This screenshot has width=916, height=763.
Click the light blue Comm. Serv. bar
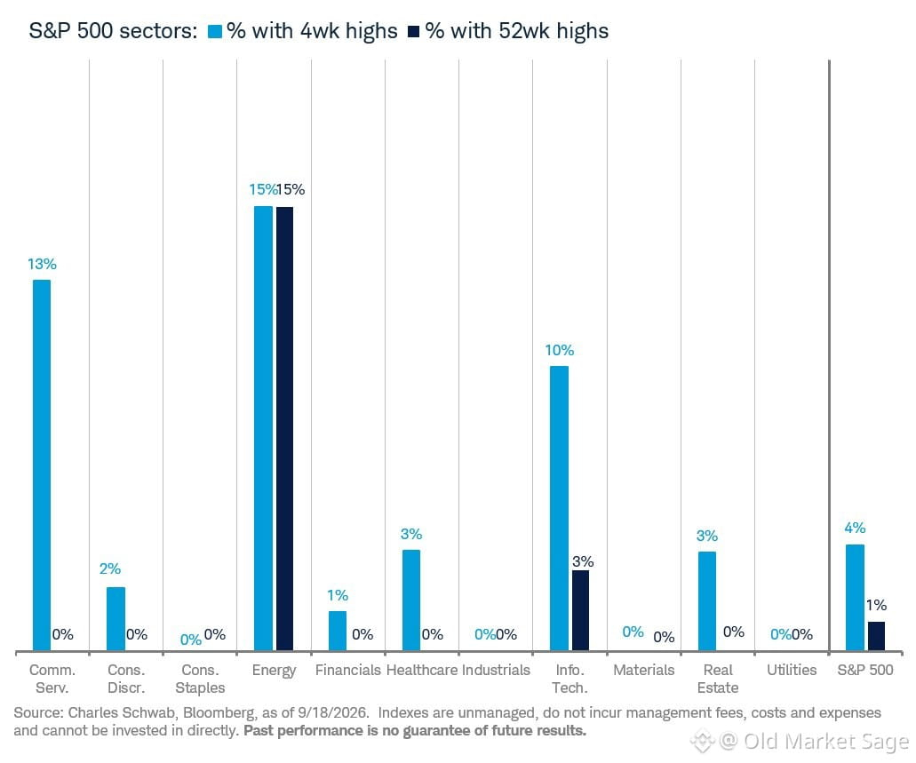coord(42,465)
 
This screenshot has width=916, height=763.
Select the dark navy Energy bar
coord(284,429)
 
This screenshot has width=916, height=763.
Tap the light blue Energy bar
coord(264,428)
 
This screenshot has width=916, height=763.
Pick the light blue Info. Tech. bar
coord(559,508)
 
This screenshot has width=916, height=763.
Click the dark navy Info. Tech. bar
coord(581,610)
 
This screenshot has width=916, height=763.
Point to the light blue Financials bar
coord(338,631)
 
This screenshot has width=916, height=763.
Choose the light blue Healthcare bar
coord(411,600)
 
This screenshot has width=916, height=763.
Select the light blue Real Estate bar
coord(707,601)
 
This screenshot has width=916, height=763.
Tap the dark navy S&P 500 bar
coord(876,636)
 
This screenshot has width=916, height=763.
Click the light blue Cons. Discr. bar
coord(115,619)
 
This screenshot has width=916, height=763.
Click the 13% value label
coord(42,264)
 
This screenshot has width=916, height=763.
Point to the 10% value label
coord(560,350)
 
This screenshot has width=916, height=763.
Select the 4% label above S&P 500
coord(855,529)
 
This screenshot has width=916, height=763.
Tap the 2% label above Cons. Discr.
coord(110,568)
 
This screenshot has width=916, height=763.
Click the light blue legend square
coord(215,32)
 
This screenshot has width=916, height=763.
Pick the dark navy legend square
coord(414,32)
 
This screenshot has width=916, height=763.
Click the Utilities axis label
coord(792,670)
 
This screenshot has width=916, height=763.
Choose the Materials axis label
coord(644,670)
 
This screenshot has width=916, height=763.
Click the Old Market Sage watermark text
coord(826,741)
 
